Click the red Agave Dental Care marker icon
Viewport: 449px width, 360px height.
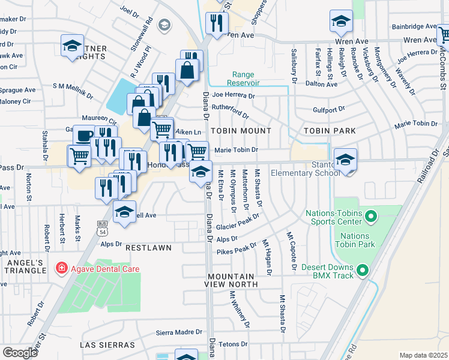(x=61, y=268)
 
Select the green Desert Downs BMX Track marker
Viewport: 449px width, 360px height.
(x=363, y=271)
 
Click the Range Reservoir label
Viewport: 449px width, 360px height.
(x=244, y=79)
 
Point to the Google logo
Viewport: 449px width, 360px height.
(x=20, y=353)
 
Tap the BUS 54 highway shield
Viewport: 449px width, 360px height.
(x=103, y=226)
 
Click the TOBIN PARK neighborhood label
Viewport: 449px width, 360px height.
(x=330, y=130)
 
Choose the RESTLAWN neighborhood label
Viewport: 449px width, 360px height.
(x=148, y=247)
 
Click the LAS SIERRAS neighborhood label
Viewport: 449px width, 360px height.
(x=107, y=345)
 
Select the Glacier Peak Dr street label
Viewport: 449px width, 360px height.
(x=238, y=223)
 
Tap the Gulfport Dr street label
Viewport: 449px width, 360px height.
(x=329, y=109)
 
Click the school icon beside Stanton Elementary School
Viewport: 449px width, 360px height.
(x=345, y=160)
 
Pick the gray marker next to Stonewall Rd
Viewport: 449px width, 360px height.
(x=164, y=25)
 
